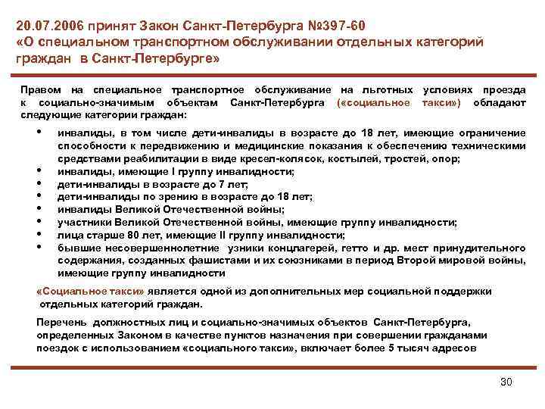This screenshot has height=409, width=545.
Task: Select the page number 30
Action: click(x=506, y=381)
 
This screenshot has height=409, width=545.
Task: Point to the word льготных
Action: click(x=389, y=90)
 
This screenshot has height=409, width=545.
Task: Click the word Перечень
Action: click(x=61, y=322)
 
